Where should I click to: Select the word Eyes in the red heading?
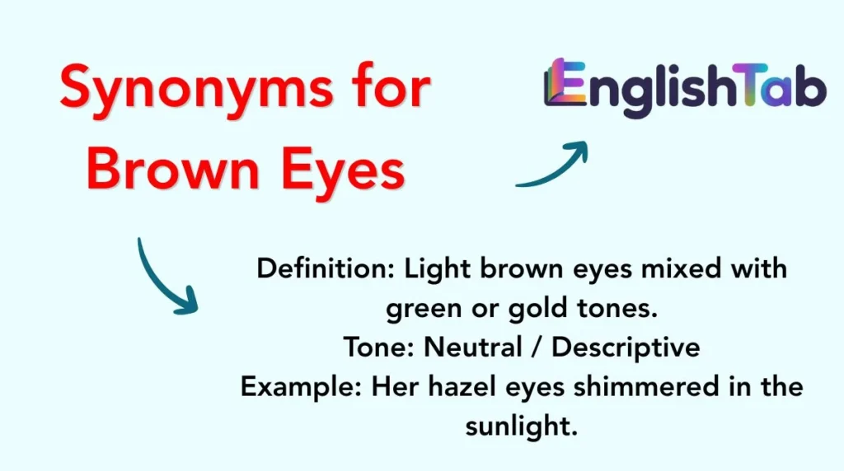342,172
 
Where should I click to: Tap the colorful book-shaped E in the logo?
565,82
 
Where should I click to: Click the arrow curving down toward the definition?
162,280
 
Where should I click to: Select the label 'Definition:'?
326,268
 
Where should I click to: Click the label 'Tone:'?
378,347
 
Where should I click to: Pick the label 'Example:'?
301,386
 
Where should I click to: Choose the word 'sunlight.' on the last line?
522,427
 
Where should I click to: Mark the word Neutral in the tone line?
473,347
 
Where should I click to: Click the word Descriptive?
626,347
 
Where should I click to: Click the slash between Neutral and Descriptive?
536,347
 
